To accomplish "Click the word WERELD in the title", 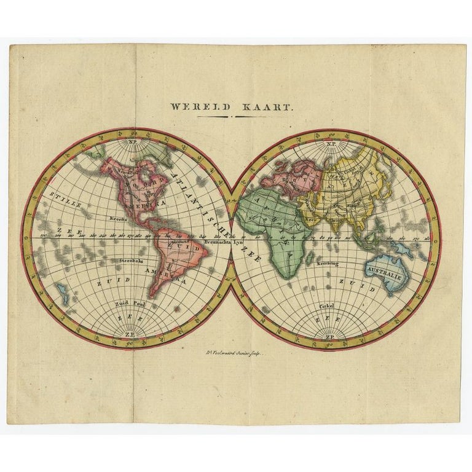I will [200, 106].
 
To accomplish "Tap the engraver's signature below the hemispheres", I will [235, 355].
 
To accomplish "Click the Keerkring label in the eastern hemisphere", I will [327, 262].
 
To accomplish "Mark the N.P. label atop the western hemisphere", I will [133, 146].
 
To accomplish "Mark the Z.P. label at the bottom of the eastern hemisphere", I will [330, 337].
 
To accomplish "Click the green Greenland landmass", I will [159, 154].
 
